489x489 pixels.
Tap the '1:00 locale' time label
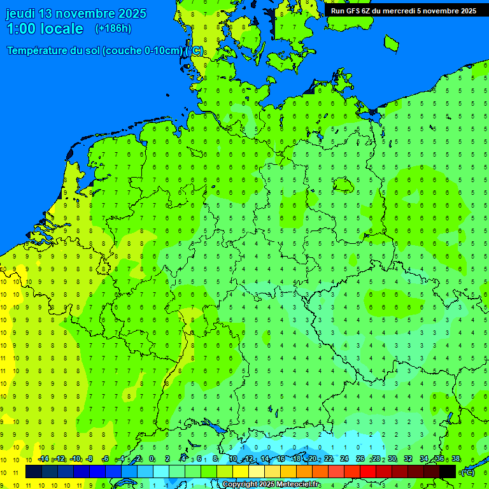click(x=45, y=29)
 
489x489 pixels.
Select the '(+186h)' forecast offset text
click(x=113, y=29)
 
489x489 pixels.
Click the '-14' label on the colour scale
click(x=43, y=459)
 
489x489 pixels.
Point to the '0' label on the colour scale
click(x=152, y=459)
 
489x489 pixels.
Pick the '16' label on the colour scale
click(x=280, y=459)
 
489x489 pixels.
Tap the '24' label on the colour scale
click(x=344, y=459)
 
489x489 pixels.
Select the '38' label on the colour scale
click(x=456, y=459)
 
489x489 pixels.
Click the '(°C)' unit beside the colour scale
click(x=468, y=472)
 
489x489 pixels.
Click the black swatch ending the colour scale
click(x=448, y=472)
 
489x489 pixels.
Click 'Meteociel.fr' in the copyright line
click(x=298, y=485)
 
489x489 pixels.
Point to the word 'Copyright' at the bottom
click(x=240, y=485)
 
